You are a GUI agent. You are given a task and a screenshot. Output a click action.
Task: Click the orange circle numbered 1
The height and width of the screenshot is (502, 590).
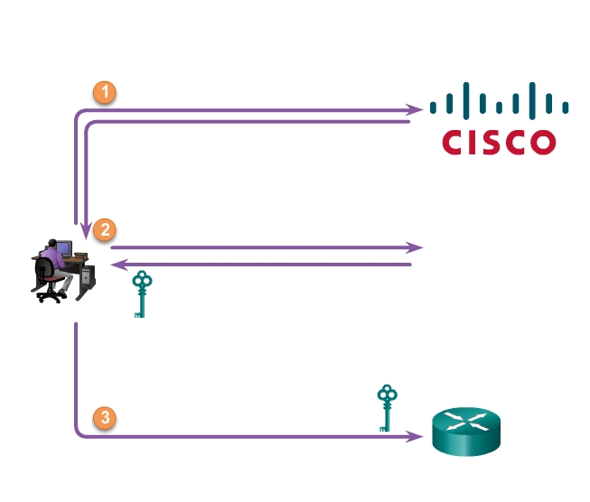pyautogui.click(x=106, y=92)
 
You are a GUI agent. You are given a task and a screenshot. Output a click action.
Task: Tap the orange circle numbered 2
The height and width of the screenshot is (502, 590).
pyautogui.click(x=106, y=229)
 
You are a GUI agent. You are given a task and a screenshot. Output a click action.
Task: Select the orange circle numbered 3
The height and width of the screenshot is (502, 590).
pyautogui.click(x=106, y=418)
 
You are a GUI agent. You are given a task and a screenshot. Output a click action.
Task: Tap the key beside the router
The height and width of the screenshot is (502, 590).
pyautogui.click(x=388, y=408)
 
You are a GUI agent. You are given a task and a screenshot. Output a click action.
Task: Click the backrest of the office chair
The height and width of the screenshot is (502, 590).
pyautogui.click(x=42, y=271)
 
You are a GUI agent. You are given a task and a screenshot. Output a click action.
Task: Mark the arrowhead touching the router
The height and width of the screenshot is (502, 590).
pyautogui.click(x=417, y=437)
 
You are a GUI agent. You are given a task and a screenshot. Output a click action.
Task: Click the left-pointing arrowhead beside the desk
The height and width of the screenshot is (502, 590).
pyautogui.click(x=116, y=265)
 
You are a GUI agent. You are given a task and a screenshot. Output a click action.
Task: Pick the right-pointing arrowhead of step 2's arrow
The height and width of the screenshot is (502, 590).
pyautogui.click(x=417, y=246)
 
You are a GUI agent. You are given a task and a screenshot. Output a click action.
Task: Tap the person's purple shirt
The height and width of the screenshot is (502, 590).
pyautogui.click(x=54, y=261)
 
